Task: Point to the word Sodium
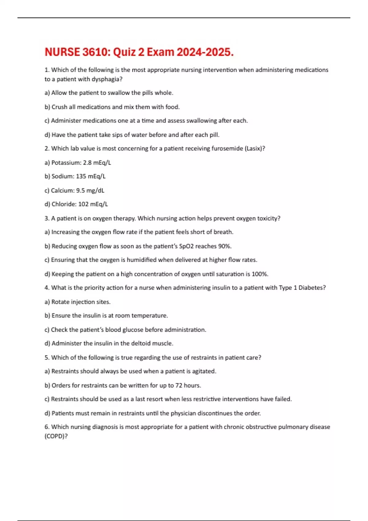click(x=63, y=176)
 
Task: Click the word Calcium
click(x=63, y=190)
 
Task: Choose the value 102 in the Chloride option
click(x=83, y=204)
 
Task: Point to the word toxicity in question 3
click(x=269, y=218)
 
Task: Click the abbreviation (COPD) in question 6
click(x=56, y=436)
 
